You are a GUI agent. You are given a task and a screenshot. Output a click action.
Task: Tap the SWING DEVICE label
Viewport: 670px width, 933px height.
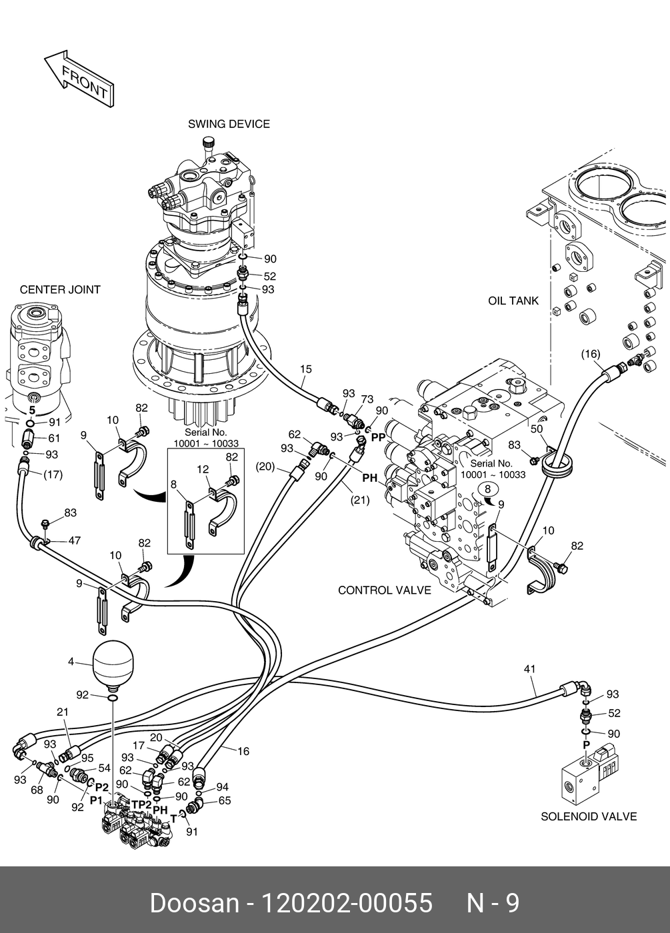(229, 124)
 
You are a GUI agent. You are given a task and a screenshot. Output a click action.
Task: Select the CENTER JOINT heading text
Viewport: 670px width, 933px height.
(60, 290)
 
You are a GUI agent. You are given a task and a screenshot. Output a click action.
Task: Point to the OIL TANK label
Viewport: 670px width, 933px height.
(513, 301)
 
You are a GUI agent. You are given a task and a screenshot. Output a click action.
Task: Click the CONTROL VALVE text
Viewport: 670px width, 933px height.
(384, 590)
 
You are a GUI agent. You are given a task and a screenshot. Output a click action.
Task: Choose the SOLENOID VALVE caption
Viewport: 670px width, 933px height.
(588, 816)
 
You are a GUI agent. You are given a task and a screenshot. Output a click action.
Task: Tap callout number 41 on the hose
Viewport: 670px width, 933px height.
(530, 669)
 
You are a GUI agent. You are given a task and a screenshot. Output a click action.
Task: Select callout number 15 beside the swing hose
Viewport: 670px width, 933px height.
(305, 369)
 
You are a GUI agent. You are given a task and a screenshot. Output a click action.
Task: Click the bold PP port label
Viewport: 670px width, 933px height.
(379, 437)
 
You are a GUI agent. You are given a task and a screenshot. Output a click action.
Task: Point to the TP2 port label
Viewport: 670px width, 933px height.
(141, 804)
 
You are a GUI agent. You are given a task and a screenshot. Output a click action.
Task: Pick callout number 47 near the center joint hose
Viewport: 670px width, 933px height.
(74, 540)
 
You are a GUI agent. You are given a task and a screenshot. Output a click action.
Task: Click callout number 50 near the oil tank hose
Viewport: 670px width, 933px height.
(537, 429)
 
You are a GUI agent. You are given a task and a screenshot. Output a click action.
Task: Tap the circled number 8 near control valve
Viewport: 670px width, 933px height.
(487, 489)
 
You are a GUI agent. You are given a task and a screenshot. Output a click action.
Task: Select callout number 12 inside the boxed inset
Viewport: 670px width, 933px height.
(203, 470)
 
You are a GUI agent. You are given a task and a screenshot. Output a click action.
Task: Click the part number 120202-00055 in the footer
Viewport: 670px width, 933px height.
(347, 903)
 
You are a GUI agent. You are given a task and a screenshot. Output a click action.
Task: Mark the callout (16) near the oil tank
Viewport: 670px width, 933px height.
(590, 354)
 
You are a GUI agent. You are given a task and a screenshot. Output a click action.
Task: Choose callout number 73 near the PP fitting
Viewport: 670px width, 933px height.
(367, 399)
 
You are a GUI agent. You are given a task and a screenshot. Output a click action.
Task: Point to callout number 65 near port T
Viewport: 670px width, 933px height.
(224, 800)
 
